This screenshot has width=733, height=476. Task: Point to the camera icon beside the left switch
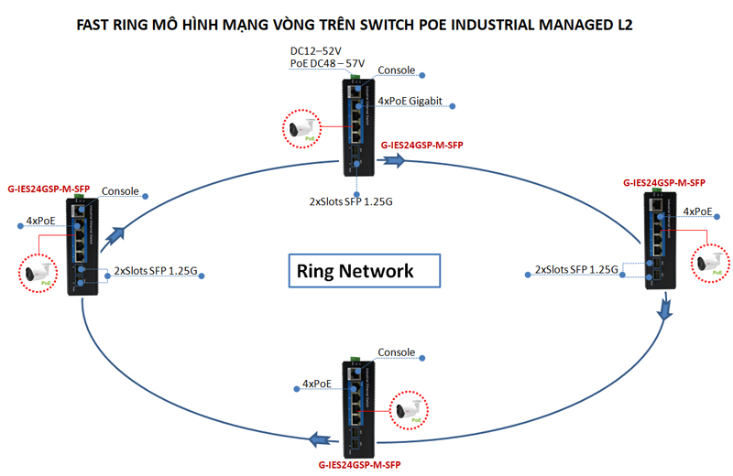39,274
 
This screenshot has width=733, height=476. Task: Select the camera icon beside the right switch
709,261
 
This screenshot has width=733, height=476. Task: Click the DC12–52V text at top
316,50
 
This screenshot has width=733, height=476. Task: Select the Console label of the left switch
120,191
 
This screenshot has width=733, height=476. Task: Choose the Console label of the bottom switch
397,352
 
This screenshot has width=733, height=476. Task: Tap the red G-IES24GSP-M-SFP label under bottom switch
359,465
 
